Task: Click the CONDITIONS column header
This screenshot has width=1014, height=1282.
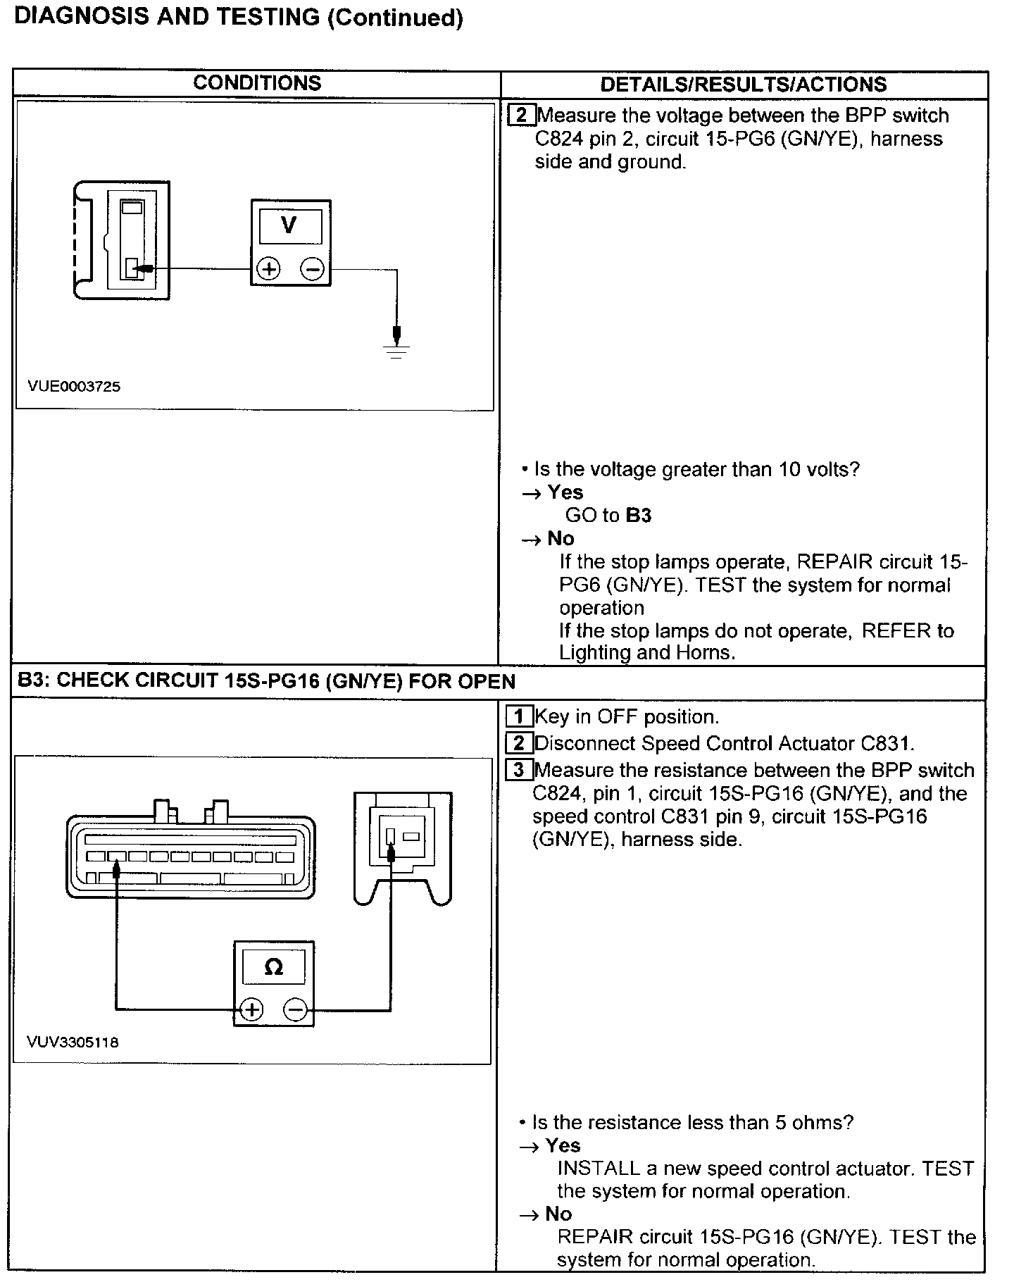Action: tap(257, 83)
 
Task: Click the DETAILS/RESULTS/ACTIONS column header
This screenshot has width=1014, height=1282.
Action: tap(743, 85)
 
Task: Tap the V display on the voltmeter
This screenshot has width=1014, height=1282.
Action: tap(289, 225)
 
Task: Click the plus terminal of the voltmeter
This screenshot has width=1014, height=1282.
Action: tap(268, 269)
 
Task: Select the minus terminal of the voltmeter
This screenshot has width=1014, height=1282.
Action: tap(313, 269)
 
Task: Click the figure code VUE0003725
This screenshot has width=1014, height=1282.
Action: tap(74, 386)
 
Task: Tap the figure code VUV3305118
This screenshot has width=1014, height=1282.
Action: tap(73, 1042)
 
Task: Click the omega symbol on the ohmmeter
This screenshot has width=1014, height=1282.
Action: tap(274, 967)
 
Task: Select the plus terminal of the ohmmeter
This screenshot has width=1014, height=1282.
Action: tap(251, 1010)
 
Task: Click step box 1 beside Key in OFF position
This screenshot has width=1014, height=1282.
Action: tap(520, 717)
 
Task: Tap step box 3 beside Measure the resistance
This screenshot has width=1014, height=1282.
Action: tap(519, 770)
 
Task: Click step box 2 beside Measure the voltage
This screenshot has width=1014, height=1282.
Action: tap(522, 115)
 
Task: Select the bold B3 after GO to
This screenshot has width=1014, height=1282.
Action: tap(639, 516)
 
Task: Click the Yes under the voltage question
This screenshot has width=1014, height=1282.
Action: tap(565, 492)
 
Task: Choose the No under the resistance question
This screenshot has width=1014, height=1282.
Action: tap(558, 1214)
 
